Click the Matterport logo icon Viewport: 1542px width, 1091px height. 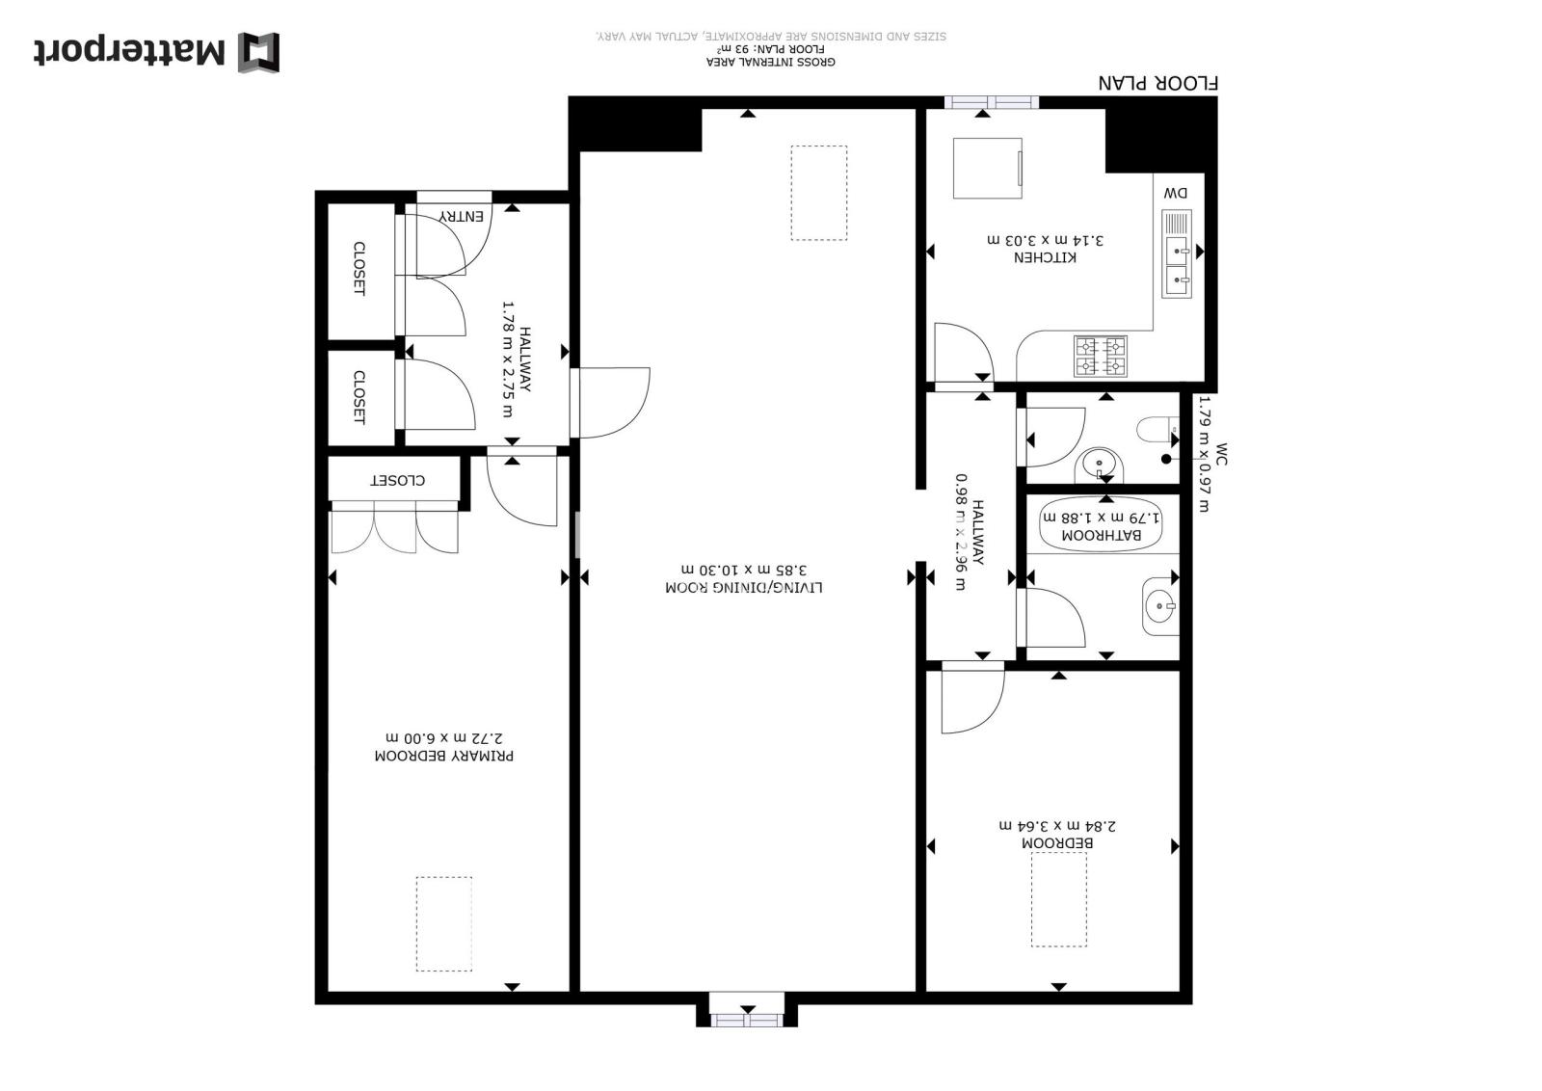point(259,52)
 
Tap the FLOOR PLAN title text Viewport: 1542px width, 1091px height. point(1157,83)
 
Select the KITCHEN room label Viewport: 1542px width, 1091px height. point(1045,257)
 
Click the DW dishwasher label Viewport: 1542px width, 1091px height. point(1176,194)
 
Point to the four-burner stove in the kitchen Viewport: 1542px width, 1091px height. point(1100,357)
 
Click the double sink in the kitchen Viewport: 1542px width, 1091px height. point(1177,254)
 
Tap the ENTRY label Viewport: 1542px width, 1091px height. point(462,217)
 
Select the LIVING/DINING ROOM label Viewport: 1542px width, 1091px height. point(743,587)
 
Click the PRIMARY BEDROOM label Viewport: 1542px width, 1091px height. point(444,756)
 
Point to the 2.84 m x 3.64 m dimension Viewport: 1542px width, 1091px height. point(1057,825)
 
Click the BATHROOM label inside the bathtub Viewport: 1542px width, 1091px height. point(1102,535)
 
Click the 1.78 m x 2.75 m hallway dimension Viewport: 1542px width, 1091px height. point(508,359)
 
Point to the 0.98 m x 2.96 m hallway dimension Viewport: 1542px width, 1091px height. point(961,532)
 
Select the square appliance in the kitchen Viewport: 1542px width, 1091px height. point(988,168)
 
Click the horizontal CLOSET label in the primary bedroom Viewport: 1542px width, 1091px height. point(398,481)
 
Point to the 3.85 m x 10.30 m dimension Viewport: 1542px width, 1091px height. point(743,570)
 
